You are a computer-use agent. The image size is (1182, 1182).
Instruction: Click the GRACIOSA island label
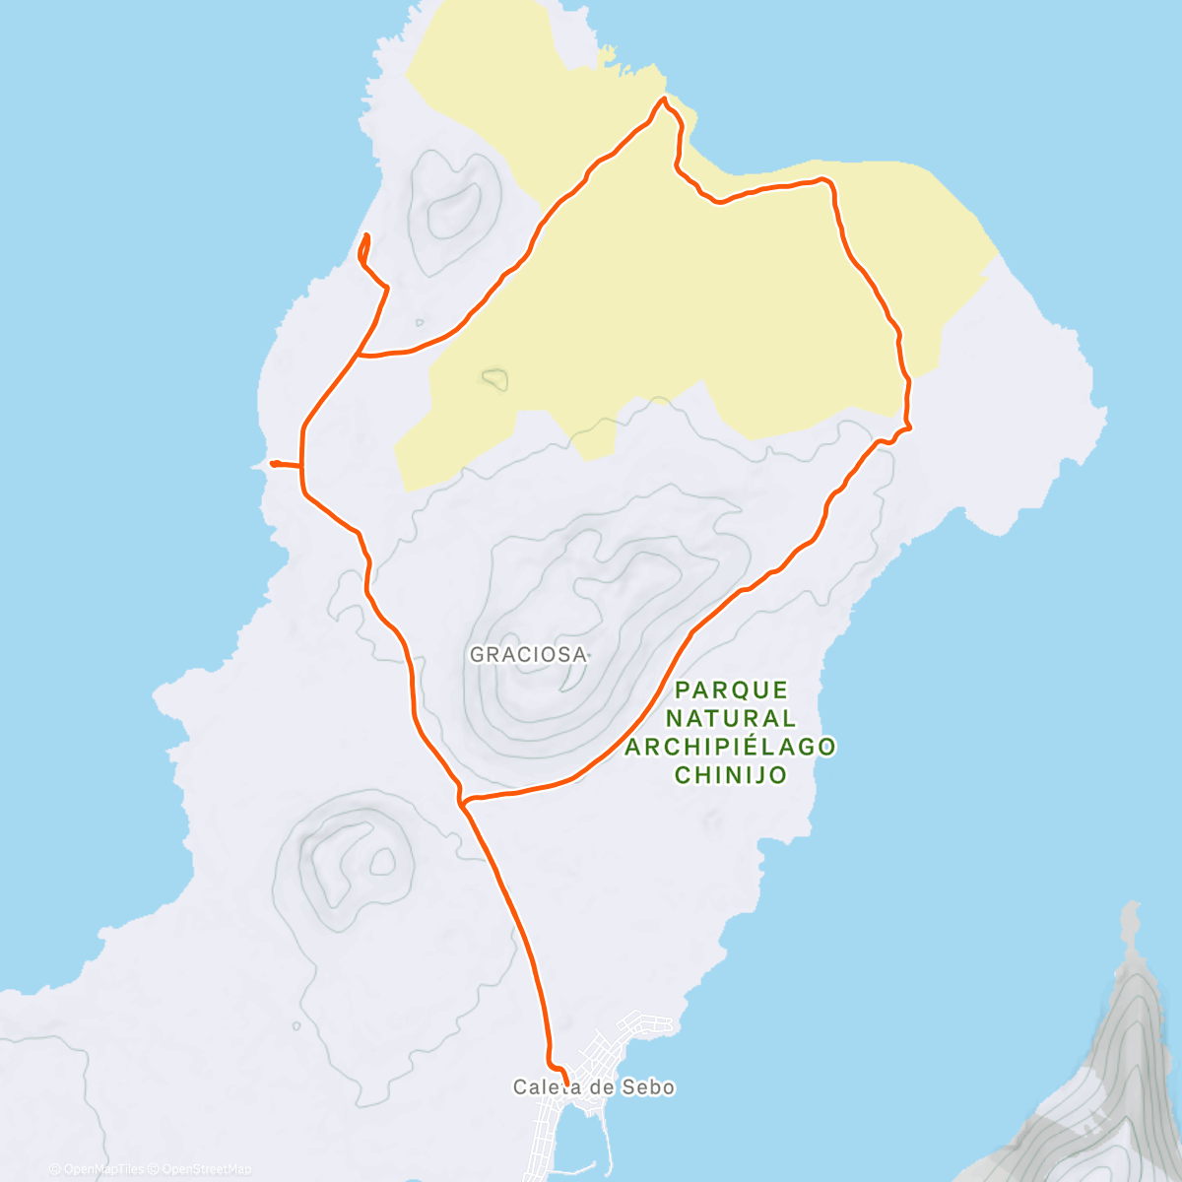(x=528, y=654)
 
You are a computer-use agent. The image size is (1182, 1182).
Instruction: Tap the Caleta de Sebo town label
(x=594, y=1087)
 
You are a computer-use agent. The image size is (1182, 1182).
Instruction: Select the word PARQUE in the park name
(x=732, y=689)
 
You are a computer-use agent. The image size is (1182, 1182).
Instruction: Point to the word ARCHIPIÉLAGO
(x=730, y=747)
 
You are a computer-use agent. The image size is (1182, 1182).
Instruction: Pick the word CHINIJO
(x=730, y=775)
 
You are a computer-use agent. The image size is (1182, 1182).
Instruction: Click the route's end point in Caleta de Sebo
(x=565, y=1083)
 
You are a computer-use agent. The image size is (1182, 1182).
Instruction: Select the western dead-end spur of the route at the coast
(x=272, y=462)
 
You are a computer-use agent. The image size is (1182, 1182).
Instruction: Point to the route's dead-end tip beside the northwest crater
(x=367, y=234)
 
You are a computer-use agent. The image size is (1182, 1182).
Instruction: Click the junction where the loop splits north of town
(x=461, y=802)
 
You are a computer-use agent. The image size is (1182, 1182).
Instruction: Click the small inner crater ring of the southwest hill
(x=380, y=864)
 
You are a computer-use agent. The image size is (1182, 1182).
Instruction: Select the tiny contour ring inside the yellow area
(x=494, y=377)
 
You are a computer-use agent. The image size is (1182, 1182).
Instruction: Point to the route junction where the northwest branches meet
(x=359, y=355)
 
